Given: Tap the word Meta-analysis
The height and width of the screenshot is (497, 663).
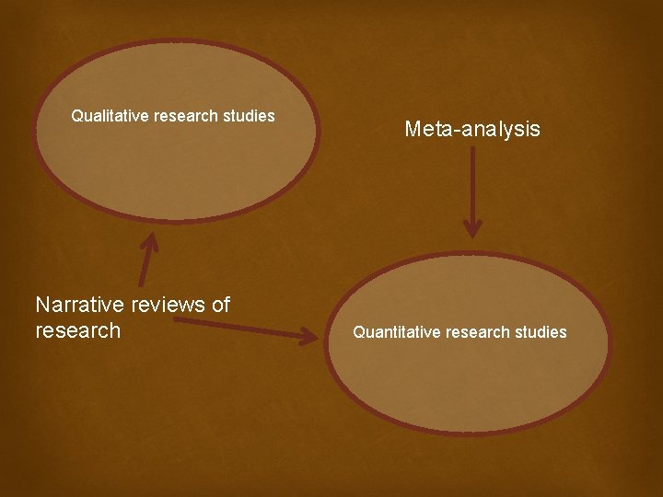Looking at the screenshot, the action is [x=472, y=130].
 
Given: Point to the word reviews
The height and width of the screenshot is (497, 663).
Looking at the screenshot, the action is [x=169, y=305].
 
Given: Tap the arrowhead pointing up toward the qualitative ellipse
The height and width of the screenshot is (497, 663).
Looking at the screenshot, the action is [x=148, y=242].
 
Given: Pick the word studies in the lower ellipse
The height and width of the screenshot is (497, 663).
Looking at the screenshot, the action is [x=541, y=332].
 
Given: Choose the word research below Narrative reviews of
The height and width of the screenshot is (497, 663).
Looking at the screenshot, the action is [x=77, y=330].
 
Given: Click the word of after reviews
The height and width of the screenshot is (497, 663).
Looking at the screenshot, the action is [x=220, y=305].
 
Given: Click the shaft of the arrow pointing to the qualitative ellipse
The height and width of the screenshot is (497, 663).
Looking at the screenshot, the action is [x=144, y=267].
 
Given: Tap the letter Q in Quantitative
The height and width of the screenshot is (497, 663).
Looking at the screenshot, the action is [x=359, y=332].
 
